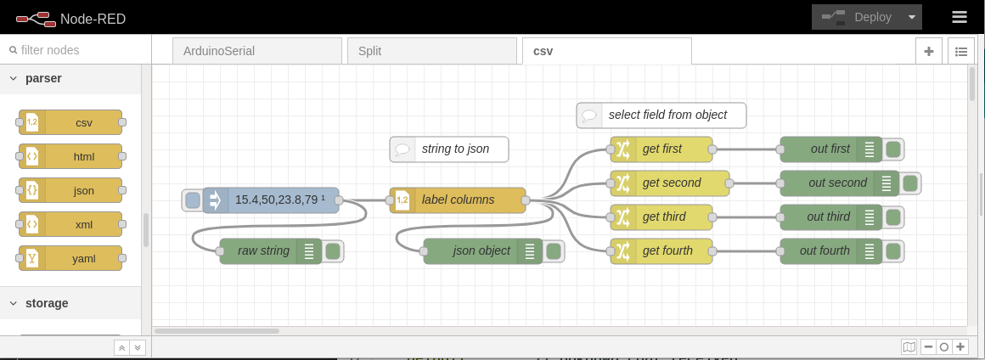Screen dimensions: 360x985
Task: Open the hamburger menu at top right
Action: tap(960, 17)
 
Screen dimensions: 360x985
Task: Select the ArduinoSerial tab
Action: tap(256, 51)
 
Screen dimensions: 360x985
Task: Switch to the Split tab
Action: tap(431, 51)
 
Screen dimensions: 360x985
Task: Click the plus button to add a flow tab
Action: tap(928, 51)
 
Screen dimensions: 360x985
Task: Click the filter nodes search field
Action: tap(76, 50)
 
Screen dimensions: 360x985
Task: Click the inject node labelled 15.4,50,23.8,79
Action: tap(272, 200)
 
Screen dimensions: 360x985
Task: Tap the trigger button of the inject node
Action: tap(193, 200)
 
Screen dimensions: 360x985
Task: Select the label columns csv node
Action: tap(458, 200)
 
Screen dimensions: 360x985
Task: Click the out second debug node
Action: tap(832, 183)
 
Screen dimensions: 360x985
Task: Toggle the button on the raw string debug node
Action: tap(333, 251)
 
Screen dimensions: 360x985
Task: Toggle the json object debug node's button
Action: tap(554, 251)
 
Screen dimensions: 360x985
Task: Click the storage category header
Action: tap(47, 303)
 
